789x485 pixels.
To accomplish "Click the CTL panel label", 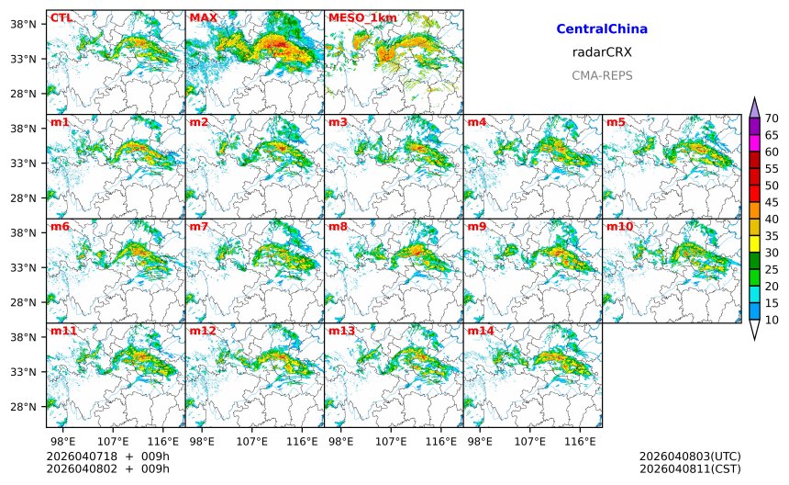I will pyautogui.click(x=61, y=17).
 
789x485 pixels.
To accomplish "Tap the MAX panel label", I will pyautogui.click(x=202, y=17).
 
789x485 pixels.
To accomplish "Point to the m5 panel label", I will pyautogui.click(x=616, y=122).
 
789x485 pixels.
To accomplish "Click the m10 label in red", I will pyautogui.click(x=619, y=226).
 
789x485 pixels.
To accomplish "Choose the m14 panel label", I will pyautogui.click(x=480, y=331).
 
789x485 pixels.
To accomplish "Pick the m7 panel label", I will pyautogui.click(x=198, y=226).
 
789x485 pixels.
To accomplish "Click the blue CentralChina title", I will pyautogui.click(x=602, y=29).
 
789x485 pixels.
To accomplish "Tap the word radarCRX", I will pyautogui.click(x=602, y=52).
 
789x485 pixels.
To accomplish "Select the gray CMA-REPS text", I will pyautogui.click(x=602, y=75).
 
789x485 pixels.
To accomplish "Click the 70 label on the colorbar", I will pyautogui.click(x=772, y=118).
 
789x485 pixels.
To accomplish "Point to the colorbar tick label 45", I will pyautogui.click(x=772, y=202).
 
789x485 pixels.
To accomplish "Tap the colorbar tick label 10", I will pyautogui.click(x=772, y=320).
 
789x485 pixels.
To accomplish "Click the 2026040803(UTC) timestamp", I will pyautogui.click(x=690, y=456).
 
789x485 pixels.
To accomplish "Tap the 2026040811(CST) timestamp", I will pyautogui.click(x=690, y=468).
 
